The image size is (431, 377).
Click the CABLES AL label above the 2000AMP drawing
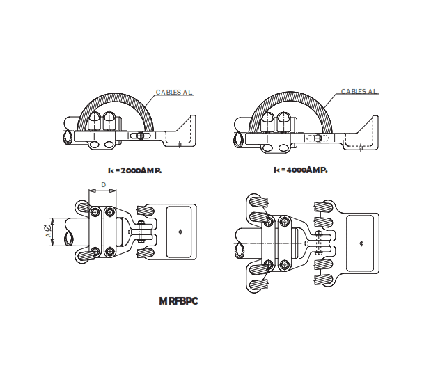[x=173, y=92]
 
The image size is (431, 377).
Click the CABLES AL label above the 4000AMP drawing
[x=359, y=92]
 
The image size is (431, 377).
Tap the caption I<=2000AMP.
[x=134, y=170]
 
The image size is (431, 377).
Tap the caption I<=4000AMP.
[x=300, y=170]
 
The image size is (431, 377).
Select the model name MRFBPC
[x=178, y=301]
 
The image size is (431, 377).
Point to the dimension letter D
[x=103, y=185]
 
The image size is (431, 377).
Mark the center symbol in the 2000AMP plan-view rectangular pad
[x=180, y=231]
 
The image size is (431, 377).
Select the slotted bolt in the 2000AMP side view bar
[x=140, y=136]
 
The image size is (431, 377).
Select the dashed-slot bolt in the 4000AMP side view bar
[x=319, y=138]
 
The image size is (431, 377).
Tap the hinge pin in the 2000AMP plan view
[x=143, y=231]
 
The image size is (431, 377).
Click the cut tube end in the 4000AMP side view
[x=239, y=140]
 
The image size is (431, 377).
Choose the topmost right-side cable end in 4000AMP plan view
[x=323, y=207]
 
